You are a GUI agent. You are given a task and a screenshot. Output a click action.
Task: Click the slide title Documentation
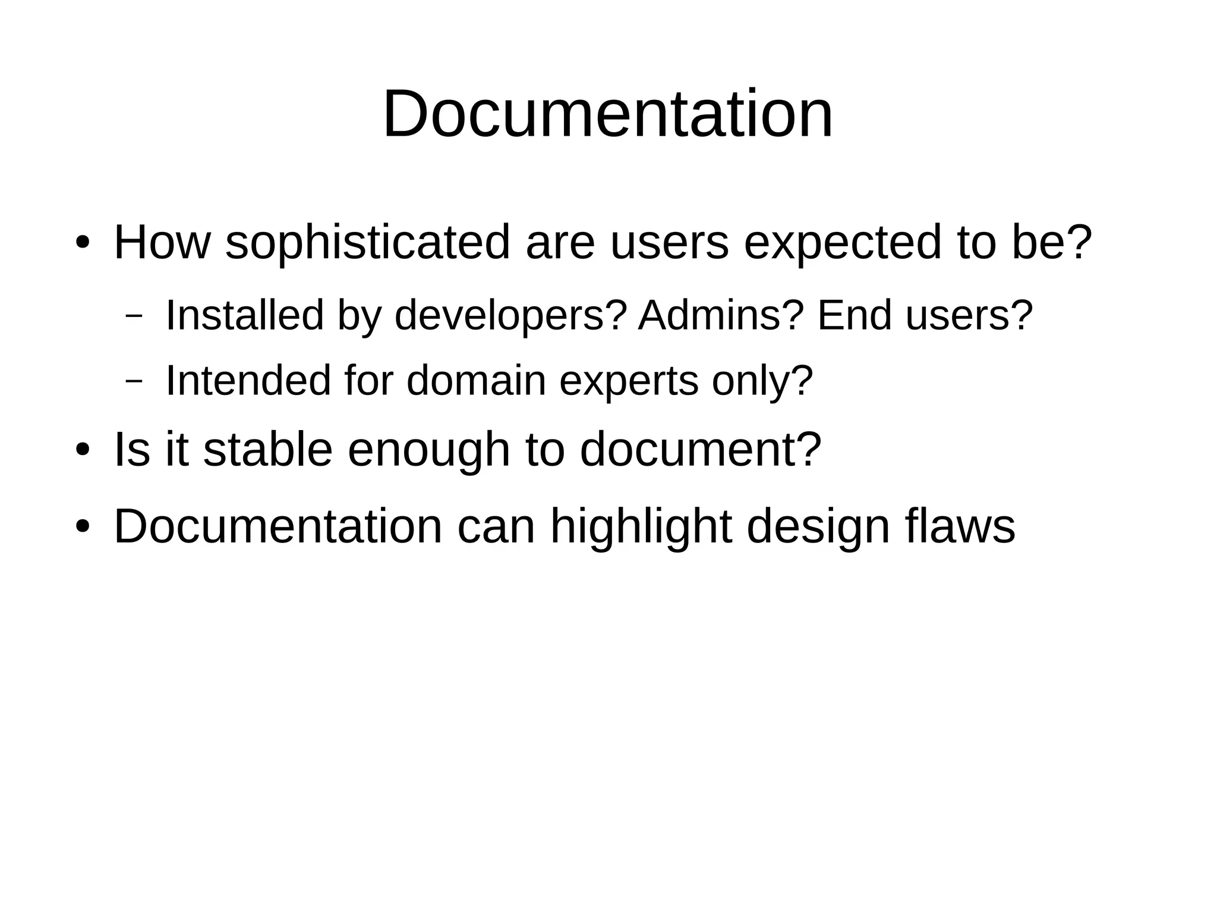pyautogui.click(x=608, y=114)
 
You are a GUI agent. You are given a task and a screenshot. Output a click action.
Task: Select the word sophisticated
pyautogui.click(x=368, y=243)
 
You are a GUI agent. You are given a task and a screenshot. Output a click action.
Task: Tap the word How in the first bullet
pyautogui.click(x=162, y=243)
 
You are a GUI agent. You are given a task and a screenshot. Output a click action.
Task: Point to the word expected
pyautogui.click(x=843, y=243)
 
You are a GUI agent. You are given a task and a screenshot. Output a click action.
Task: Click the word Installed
pyautogui.click(x=244, y=315)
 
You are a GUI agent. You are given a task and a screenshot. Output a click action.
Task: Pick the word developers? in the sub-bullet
pyautogui.click(x=510, y=315)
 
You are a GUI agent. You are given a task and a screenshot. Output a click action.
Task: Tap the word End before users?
pyautogui.click(x=855, y=315)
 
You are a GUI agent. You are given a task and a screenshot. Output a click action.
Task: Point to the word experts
pyautogui.click(x=629, y=381)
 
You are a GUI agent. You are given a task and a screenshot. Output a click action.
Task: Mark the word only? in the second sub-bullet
pyautogui.click(x=762, y=381)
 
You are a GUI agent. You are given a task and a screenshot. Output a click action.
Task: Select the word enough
pyautogui.click(x=428, y=450)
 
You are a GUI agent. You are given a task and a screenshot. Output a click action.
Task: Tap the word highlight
pyautogui.click(x=641, y=526)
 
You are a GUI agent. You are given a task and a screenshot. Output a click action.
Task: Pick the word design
pyautogui.click(x=818, y=526)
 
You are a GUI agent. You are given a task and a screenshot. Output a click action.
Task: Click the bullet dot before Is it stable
pyautogui.click(x=82, y=450)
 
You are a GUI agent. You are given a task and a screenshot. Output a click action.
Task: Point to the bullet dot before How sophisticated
pyautogui.click(x=82, y=243)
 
